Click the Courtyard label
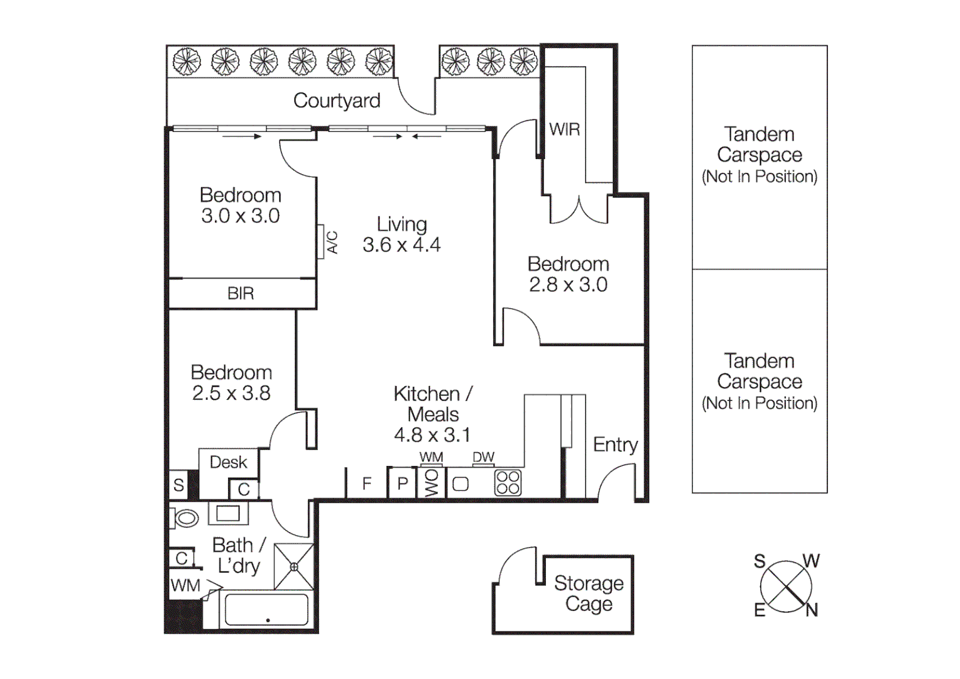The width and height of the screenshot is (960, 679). (337, 101)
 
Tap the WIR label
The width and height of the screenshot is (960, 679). (564, 130)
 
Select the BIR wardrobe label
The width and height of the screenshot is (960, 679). (241, 294)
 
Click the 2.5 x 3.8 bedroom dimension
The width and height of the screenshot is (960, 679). (231, 393)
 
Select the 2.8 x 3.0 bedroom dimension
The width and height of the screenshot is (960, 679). (568, 285)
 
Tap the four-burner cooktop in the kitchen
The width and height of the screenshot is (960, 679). (508, 483)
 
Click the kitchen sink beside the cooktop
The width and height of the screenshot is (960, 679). (461, 484)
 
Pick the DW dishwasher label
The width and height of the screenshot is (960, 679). (483, 457)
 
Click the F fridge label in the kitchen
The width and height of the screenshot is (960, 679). (367, 483)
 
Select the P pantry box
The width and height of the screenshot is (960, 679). (402, 483)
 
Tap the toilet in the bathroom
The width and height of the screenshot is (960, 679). (185, 518)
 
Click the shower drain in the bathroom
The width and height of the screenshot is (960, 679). (294, 566)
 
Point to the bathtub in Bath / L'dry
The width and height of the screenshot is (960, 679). (266, 609)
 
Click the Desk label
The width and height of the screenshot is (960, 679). (228, 463)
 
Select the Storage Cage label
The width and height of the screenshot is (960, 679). (589, 593)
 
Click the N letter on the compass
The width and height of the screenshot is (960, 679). (812, 610)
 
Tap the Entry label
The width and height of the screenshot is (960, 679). (615, 445)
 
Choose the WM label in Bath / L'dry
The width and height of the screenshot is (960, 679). (185, 586)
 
